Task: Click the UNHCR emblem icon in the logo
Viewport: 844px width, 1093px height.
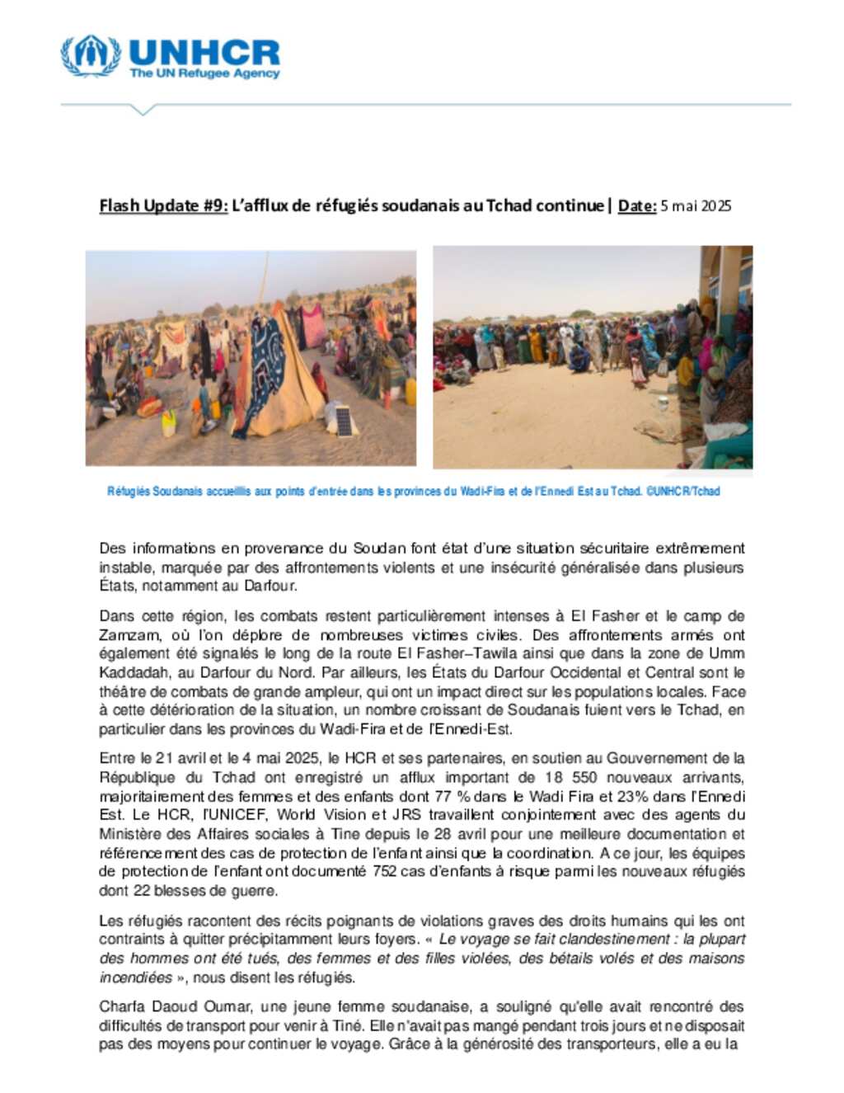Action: [x=91, y=55]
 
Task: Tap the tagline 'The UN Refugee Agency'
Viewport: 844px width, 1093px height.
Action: [x=204, y=73]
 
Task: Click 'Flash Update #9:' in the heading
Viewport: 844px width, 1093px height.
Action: [x=163, y=205]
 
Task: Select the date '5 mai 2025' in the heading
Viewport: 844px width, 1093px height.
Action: [x=696, y=205]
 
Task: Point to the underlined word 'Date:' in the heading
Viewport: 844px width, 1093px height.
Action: [x=636, y=205]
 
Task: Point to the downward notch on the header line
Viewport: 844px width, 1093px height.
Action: [x=143, y=110]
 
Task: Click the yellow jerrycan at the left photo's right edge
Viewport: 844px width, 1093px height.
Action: [x=410, y=392]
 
